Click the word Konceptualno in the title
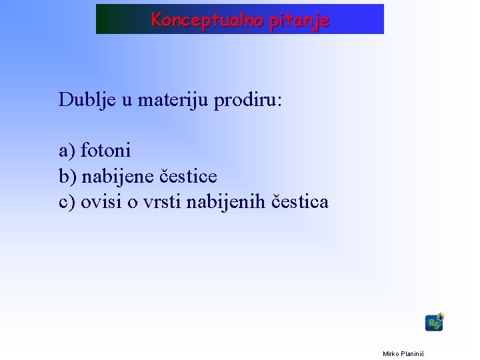[207, 20]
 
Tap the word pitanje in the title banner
[299, 20]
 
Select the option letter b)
[68, 176]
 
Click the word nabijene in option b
[119, 176]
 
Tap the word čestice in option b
[189, 176]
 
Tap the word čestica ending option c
[301, 201]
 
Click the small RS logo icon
[434, 323]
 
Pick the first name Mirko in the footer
[391, 353]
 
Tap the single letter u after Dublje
[127, 100]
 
